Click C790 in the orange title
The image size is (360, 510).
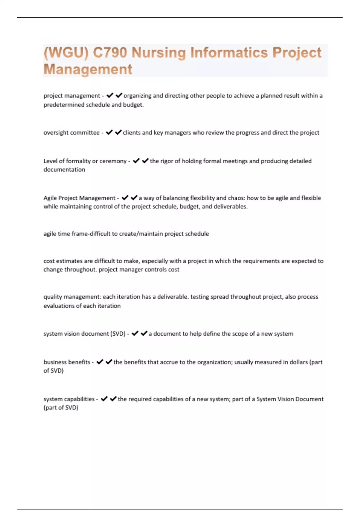[x=110, y=53]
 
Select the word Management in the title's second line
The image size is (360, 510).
[x=88, y=69]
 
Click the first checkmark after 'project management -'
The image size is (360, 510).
[x=110, y=95]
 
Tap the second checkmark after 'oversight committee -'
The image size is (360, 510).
[x=118, y=132]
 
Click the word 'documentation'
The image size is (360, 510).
[x=64, y=169]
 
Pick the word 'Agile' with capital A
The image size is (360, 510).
[x=50, y=198]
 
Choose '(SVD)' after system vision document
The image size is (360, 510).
[x=118, y=334]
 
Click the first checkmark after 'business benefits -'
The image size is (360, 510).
[x=100, y=362]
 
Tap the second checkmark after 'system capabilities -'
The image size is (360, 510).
[x=113, y=399]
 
